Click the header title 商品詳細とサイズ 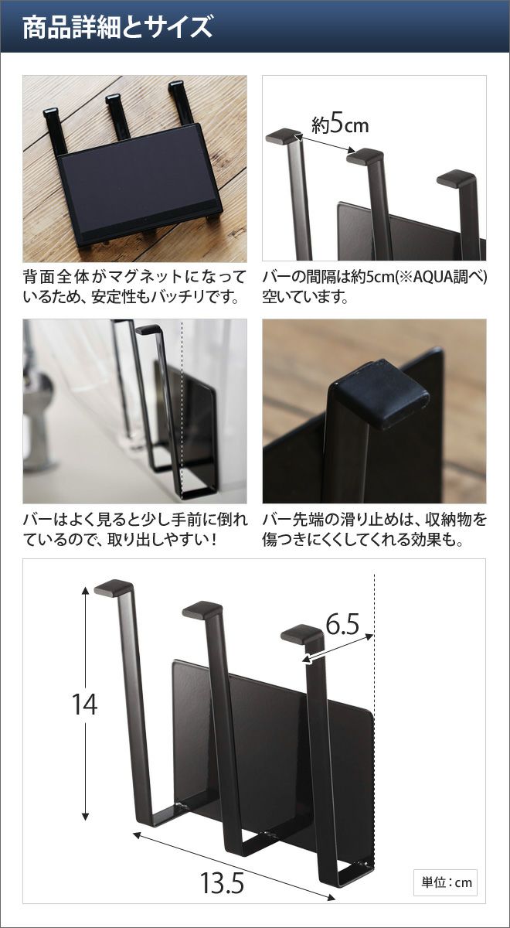click(x=117, y=27)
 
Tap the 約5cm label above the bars click(x=339, y=125)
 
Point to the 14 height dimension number click(x=84, y=704)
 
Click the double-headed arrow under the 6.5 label click(x=338, y=649)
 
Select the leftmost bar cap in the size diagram click(x=114, y=589)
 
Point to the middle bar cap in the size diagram click(x=202, y=611)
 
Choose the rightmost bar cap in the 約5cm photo click(x=455, y=179)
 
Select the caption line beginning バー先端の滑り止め click(x=374, y=520)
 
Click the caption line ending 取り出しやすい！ click(x=120, y=540)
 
